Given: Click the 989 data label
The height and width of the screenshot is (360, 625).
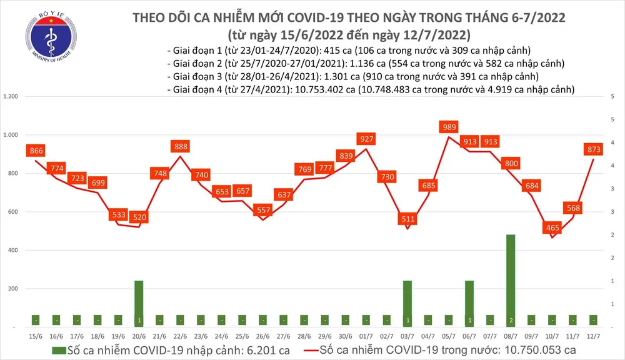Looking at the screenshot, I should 449,127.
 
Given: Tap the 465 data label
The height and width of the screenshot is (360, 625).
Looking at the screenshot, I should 552,228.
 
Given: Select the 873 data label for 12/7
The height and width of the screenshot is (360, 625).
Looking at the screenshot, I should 593,149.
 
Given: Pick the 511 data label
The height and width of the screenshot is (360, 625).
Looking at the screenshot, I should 407,219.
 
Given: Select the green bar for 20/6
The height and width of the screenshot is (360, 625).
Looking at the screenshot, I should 139,303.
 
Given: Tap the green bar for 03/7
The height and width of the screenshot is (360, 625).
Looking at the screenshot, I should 407,303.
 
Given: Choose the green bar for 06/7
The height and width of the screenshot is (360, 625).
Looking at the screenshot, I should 469,303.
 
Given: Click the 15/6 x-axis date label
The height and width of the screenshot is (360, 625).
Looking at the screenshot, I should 35,336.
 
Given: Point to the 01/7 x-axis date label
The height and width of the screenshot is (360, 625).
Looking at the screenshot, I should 366,336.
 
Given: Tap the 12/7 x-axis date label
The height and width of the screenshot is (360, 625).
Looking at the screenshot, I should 594,336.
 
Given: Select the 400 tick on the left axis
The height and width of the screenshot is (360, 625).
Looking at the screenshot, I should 14,250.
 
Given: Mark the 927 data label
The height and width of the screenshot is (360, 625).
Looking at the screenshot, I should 366,138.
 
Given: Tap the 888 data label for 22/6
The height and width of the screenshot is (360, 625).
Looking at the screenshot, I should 180,146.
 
